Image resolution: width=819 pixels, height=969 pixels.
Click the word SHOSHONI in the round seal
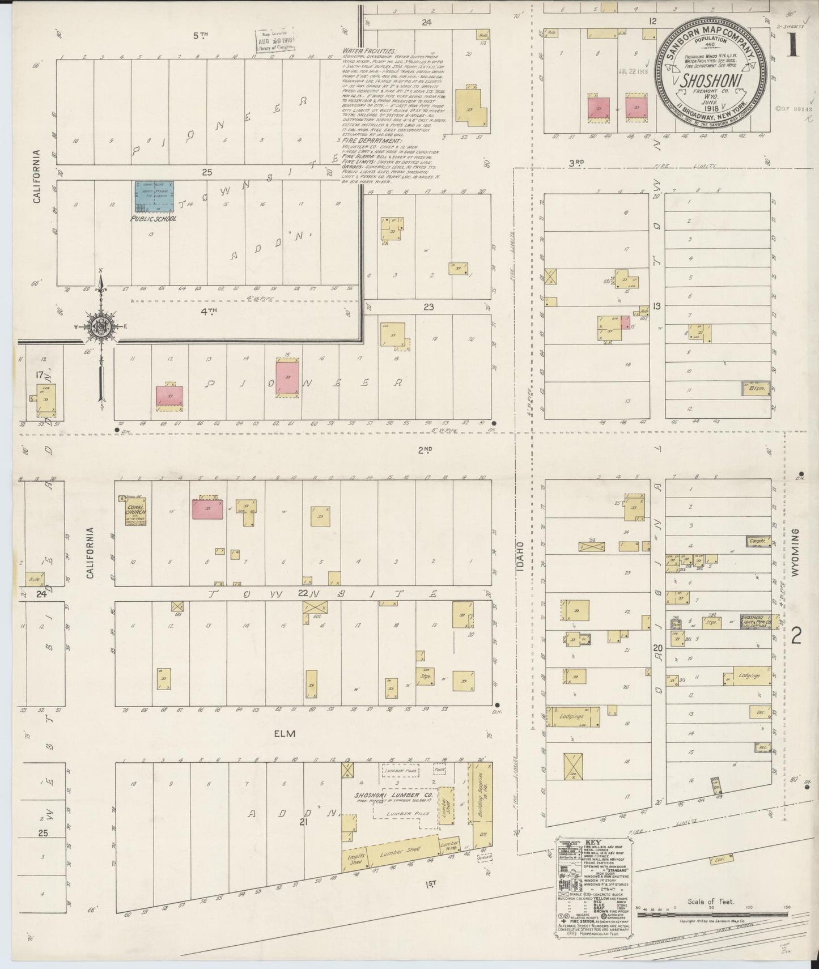[711, 80]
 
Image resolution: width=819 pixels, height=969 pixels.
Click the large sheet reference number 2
[796, 637]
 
